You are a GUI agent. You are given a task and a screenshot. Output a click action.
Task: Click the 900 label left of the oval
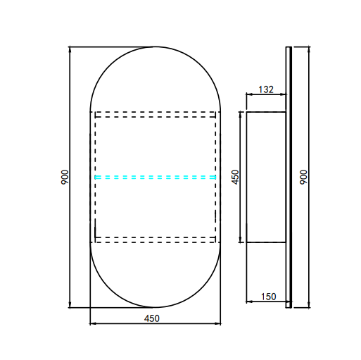click(64, 177)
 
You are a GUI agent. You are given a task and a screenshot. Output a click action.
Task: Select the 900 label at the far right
click(303, 177)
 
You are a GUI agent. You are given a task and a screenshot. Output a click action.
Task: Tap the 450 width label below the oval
click(152, 318)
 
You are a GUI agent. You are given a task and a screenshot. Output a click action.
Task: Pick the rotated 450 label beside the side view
click(236, 177)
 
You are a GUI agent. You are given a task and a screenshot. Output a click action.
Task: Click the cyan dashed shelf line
click(156, 177)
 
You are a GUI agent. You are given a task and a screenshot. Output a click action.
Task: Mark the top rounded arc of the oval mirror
click(156, 47)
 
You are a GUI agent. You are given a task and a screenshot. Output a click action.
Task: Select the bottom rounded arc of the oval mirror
click(156, 307)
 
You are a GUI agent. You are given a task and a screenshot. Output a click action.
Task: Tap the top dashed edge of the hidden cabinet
click(156, 113)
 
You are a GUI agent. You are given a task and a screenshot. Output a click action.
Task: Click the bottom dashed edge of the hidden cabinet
click(156, 241)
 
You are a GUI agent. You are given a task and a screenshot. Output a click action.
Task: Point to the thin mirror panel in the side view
click(288, 177)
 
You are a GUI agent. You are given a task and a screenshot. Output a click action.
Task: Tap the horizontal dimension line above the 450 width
click(120, 324)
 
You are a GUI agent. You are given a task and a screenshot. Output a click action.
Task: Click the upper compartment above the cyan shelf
click(156, 144)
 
